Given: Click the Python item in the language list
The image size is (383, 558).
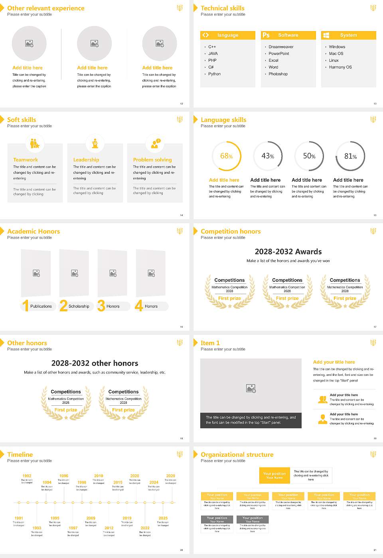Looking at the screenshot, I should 214,74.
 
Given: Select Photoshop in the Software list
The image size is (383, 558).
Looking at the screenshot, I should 278,74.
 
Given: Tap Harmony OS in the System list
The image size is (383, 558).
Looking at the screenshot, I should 340,67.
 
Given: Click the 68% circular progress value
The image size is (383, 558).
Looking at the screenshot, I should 226,156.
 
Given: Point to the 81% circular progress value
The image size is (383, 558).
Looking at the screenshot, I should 350,156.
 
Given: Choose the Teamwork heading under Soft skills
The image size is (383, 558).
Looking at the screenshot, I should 26,160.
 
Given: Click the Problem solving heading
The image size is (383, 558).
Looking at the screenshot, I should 152,160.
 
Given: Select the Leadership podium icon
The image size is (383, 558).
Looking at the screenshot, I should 95,143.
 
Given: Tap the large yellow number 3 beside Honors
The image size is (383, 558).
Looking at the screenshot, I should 101,306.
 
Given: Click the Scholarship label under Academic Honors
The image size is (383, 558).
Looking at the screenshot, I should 79,307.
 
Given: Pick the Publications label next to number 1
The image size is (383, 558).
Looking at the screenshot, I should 41,307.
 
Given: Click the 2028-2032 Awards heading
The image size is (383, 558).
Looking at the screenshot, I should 288,252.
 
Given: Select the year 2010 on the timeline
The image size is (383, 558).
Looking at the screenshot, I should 99,476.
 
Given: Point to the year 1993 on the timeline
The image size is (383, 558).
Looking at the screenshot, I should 37,528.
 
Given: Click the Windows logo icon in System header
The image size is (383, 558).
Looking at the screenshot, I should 326,35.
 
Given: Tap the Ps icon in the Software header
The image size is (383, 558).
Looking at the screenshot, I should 266,35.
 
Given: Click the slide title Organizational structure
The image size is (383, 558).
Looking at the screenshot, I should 237,455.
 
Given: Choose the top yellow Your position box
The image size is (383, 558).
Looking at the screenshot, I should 274,475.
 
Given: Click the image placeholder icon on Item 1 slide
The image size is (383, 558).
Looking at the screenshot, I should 251,388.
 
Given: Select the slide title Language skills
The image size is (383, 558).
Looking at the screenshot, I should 223,120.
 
